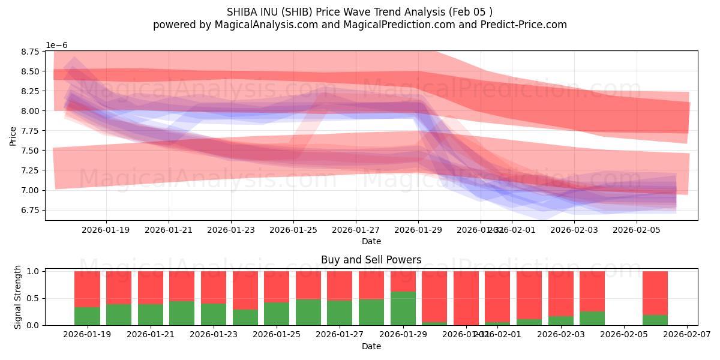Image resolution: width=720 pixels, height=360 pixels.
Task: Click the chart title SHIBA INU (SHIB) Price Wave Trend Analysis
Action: coord(359,12)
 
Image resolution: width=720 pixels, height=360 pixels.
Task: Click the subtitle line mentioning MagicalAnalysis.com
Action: coord(359,25)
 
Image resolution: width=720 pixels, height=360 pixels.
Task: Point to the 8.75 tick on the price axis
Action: coord(30,52)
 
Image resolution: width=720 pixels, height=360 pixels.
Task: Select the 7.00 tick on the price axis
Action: coord(30,190)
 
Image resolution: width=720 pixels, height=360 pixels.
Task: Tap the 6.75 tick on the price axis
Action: coord(30,210)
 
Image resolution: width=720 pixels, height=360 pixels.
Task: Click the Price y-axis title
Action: coord(13,136)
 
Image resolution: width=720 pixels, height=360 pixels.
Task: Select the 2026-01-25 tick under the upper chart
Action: coord(293,229)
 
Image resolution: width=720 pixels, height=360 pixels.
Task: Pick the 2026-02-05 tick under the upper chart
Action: coord(637,229)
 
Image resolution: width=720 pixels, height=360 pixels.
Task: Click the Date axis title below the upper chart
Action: coord(371,241)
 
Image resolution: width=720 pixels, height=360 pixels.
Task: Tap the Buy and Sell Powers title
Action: coord(371,260)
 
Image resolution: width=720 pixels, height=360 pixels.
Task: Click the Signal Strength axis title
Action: coord(18,296)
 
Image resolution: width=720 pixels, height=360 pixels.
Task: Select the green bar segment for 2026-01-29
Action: coord(403,308)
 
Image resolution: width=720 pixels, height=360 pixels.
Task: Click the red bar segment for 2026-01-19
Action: coord(87,289)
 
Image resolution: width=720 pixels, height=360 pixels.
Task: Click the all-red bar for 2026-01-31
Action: coord(466,298)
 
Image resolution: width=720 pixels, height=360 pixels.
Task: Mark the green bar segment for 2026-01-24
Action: coord(245,317)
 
